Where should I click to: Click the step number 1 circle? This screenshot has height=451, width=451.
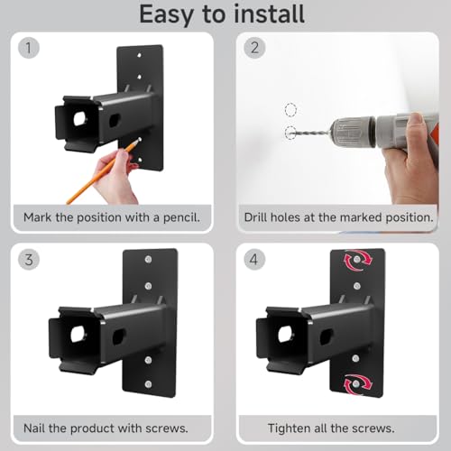click(29, 48)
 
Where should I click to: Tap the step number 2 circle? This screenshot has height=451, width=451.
click(254, 48)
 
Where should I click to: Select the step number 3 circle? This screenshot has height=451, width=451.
click(29, 259)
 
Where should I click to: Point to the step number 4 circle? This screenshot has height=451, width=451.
click(254, 259)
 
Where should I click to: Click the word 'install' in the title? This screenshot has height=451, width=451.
click(269, 14)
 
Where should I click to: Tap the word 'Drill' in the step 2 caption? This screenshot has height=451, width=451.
click(256, 217)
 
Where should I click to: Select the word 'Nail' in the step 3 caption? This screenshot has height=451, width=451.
click(34, 428)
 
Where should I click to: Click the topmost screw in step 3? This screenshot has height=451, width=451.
click(148, 259)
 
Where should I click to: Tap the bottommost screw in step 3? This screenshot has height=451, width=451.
click(148, 384)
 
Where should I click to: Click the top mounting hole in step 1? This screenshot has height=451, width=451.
click(139, 55)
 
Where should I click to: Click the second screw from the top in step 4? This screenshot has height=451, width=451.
click(357, 286)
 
